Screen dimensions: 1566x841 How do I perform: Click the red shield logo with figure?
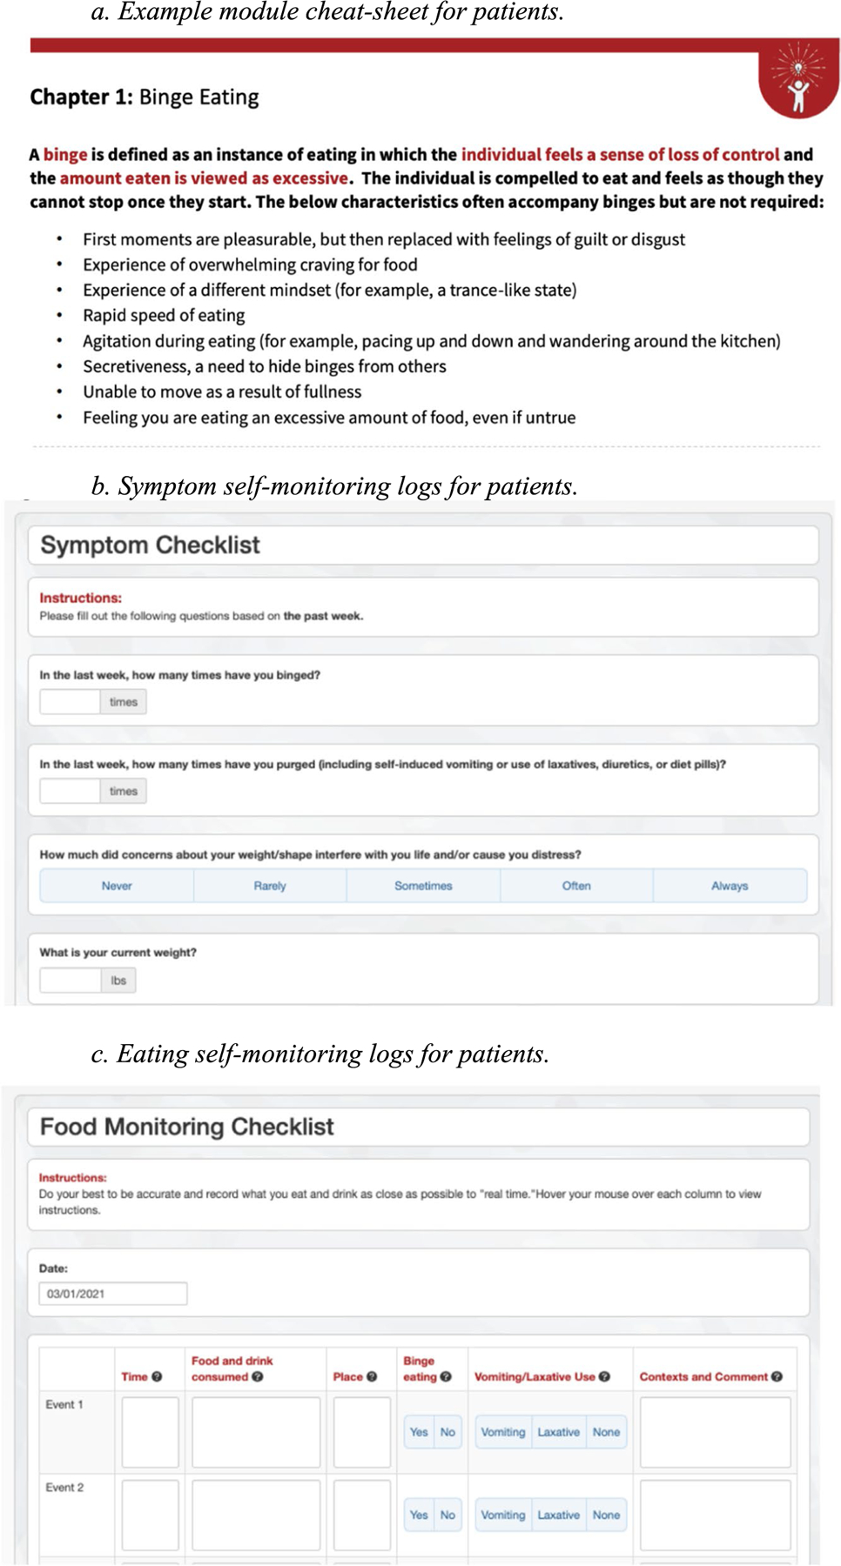(797, 81)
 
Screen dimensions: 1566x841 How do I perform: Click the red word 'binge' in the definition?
(65, 155)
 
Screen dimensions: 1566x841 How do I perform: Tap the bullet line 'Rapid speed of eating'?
(164, 315)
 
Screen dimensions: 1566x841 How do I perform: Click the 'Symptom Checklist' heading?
(150, 545)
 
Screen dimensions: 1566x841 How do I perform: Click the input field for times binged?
(70, 702)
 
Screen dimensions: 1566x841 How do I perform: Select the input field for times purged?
(70, 792)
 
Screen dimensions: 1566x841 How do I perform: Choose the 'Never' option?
(117, 886)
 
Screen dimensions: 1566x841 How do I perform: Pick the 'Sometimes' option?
(423, 886)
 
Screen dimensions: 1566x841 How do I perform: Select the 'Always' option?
(730, 886)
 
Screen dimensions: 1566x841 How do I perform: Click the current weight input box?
(71, 980)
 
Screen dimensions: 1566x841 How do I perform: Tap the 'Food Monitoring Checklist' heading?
(186, 1127)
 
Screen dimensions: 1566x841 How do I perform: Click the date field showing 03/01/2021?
(112, 1294)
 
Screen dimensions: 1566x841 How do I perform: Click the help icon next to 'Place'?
(372, 1376)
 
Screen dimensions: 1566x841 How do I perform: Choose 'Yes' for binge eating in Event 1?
(419, 1432)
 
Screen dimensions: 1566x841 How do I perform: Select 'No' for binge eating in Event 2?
(447, 1515)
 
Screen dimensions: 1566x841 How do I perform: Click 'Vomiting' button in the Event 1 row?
(503, 1432)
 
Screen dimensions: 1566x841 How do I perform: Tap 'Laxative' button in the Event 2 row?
(558, 1515)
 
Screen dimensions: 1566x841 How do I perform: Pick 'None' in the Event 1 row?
(606, 1432)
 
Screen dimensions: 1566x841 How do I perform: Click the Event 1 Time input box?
(150, 1432)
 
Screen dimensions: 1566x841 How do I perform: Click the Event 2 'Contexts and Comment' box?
(715, 1515)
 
